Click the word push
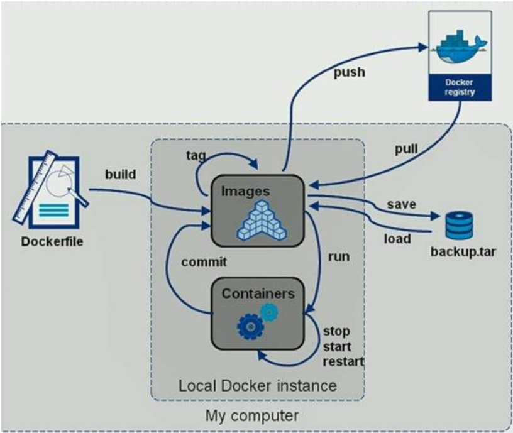pyautogui.click(x=349, y=72)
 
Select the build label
pyautogui.click(x=119, y=174)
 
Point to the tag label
pyautogui.click(x=196, y=155)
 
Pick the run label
pyautogui.click(x=339, y=256)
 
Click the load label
pyautogui.click(x=397, y=239)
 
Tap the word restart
pyautogui.click(x=344, y=362)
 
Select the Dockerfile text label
pyautogui.click(x=52, y=241)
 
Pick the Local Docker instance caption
pyautogui.click(x=257, y=384)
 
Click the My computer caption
pyautogui.click(x=251, y=415)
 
